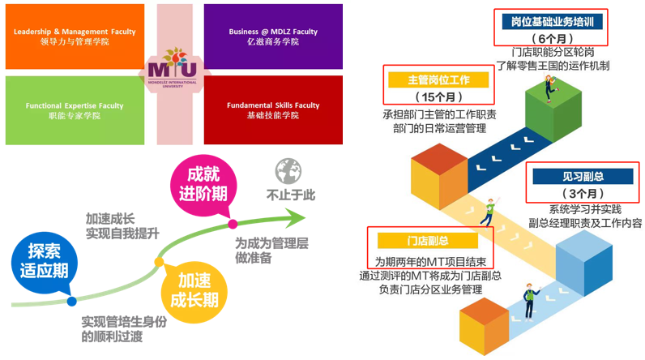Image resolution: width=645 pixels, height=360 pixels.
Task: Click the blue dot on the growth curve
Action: pyautogui.click(x=72, y=302)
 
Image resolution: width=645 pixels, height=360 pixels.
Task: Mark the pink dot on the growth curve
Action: pyautogui.click(x=233, y=224)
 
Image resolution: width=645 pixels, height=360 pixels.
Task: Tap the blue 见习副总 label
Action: pyautogui.click(x=583, y=176)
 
